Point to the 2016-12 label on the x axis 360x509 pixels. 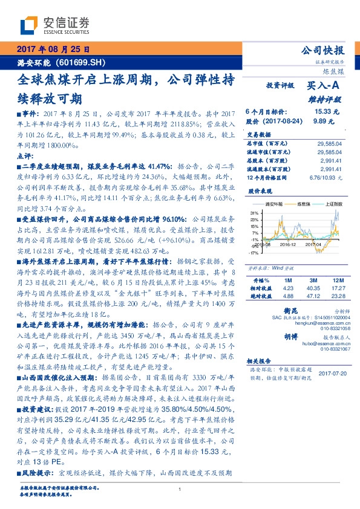tap(289, 245)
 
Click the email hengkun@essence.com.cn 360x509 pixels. tap(324, 324)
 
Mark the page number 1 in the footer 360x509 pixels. tap(180, 490)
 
